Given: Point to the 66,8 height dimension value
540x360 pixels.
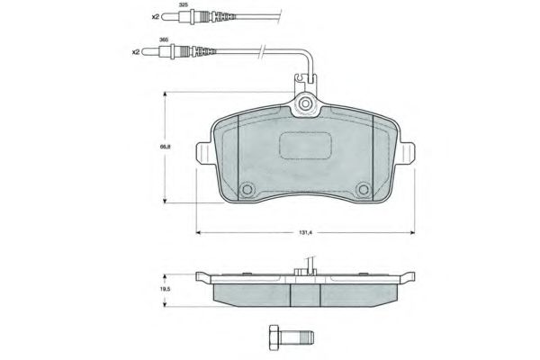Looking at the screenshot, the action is pos(166,146).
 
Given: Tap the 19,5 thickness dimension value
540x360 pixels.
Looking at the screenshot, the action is pos(166,289).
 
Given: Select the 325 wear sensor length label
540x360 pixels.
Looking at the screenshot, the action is pos(184,5).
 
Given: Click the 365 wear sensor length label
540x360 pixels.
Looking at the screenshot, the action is pos(164,40).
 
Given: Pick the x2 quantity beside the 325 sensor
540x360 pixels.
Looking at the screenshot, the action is pos(156,16).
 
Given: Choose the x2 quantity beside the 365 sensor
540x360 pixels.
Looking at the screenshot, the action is pos(136,52).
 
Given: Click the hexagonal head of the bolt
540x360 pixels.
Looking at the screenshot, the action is pos(274,337).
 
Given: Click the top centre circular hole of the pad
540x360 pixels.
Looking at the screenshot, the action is pos(304,103).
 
